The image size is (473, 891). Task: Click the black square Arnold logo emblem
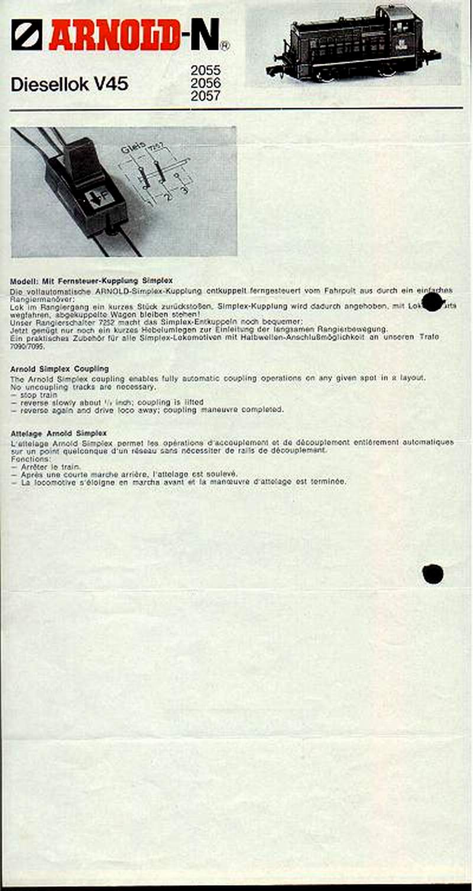coord(27,34)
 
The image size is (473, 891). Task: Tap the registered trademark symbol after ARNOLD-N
coord(225,45)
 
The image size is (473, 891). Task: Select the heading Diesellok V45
coord(69,85)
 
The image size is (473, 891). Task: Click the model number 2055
coord(205,71)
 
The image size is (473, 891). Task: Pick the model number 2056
coord(205,83)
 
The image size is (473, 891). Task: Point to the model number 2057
coord(205,96)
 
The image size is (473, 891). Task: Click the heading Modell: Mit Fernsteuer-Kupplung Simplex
coord(91,280)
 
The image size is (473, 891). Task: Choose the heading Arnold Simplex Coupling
coord(59,369)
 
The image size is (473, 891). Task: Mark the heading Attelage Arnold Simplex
coord(58,433)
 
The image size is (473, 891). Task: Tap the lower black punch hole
coord(432,573)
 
